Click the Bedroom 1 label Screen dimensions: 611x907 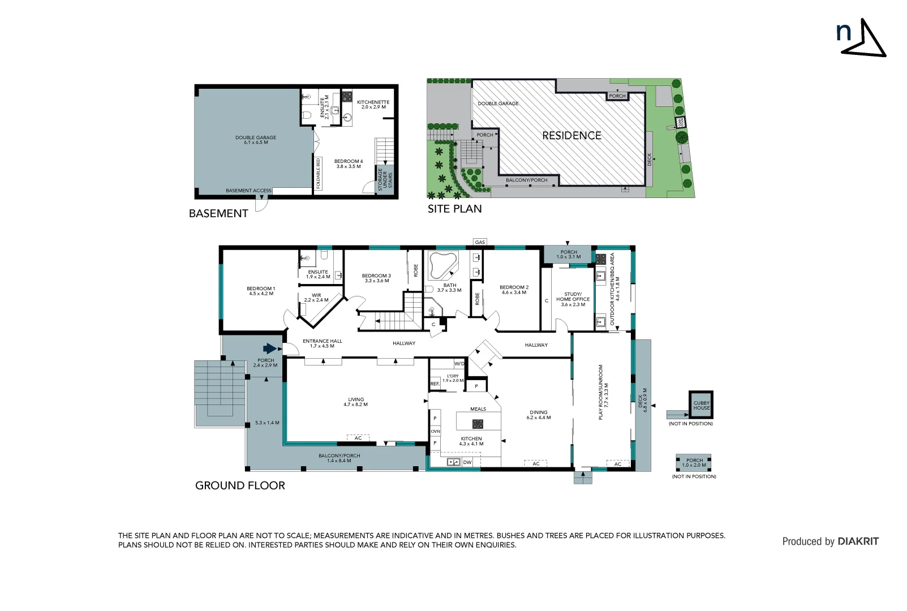[261, 291]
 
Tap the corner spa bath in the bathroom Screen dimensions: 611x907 [442, 265]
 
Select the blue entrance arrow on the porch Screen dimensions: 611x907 [270, 348]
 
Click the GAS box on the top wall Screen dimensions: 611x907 [480, 242]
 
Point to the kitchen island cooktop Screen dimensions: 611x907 [478, 423]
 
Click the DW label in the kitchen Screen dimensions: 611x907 [467, 462]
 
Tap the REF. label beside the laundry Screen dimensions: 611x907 [435, 384]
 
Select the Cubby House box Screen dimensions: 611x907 [701, 405]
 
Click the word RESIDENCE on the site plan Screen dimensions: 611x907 [571, 136]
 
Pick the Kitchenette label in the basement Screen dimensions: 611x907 [373, 105]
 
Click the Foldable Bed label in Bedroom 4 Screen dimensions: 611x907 [319, 173]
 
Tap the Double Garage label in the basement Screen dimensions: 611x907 [256, 140]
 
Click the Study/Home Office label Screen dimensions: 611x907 [573, 299]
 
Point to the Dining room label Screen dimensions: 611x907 [538, 415]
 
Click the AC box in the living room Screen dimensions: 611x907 [358, 438]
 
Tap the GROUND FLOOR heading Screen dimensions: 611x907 [240, 485]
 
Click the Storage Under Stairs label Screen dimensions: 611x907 [385, 179]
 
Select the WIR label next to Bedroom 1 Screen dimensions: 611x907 [316, 298]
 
